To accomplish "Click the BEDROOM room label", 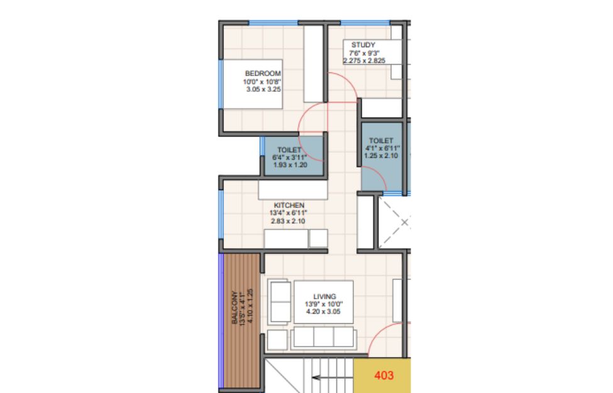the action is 263,74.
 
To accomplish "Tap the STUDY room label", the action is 363,45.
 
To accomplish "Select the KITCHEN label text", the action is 289,205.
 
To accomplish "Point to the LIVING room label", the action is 324,296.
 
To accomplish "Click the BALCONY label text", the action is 235,307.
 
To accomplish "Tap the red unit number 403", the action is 384,375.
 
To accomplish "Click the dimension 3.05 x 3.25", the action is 263,89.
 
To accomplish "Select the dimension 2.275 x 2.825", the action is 365,60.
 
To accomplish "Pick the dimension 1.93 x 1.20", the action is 290,165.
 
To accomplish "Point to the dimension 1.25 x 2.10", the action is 381,156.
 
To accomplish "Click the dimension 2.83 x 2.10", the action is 288,221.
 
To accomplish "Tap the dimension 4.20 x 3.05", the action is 323,312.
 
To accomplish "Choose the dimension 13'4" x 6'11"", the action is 288,213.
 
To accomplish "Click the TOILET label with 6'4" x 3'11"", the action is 289,150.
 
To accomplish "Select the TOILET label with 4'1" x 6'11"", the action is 381,140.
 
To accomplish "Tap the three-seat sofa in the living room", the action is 323,338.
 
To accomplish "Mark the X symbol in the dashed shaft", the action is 405,223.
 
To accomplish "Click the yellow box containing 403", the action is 382,375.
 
